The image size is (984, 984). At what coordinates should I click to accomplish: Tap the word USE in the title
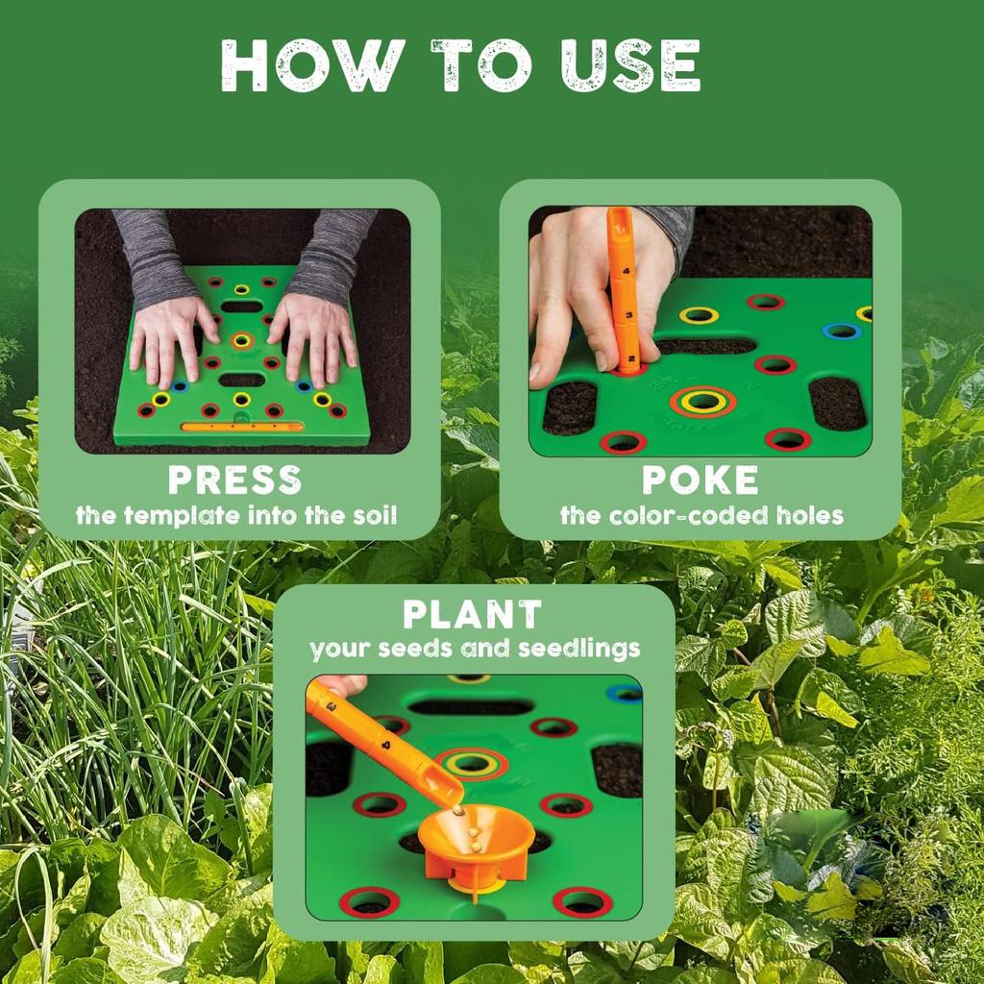630,65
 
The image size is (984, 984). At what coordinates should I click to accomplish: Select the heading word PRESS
234,480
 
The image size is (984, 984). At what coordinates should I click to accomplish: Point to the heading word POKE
701,480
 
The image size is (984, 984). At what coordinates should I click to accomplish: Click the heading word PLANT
472,614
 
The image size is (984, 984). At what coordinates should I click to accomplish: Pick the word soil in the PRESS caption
375,515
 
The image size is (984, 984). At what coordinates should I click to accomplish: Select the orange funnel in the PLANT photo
477,844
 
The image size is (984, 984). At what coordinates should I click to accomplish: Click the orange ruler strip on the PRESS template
241,427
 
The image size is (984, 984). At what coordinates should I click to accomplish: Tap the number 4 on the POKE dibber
626,271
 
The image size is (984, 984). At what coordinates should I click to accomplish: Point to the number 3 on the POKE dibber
628,315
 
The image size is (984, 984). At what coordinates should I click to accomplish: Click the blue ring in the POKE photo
840,331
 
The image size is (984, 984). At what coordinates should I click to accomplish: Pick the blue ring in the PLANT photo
625,692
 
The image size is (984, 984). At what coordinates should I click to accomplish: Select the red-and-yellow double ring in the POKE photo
702,401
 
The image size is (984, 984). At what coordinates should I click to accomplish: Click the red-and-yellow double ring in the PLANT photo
471,763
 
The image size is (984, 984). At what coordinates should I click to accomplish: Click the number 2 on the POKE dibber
632,359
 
